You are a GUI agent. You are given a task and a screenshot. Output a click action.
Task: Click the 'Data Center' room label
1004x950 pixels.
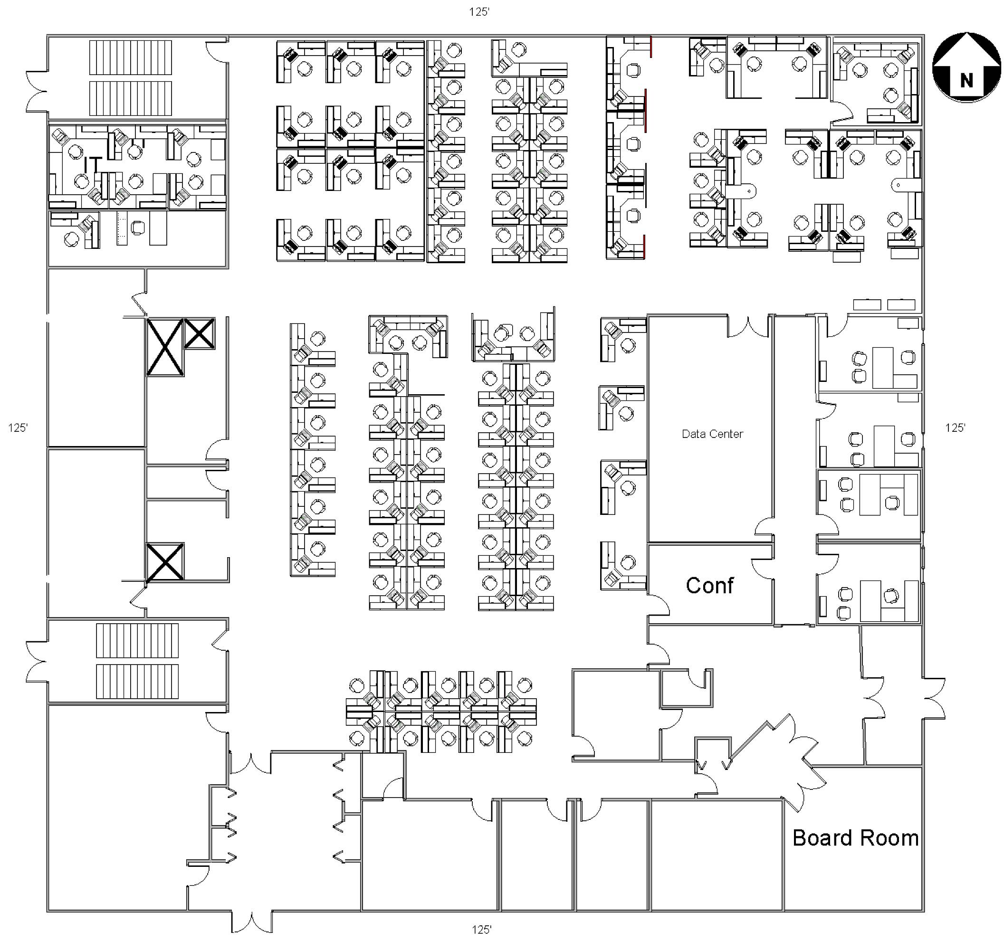coord(712,434)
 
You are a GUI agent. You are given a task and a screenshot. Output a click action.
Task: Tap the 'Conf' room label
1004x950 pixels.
coord(709,585)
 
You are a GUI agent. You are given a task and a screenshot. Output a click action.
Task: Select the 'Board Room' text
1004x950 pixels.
coord(856,838)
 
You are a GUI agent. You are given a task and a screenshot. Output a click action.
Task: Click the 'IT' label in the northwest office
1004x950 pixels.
coord(93,164)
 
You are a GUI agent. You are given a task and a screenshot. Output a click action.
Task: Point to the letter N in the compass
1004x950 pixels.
coord(966,81)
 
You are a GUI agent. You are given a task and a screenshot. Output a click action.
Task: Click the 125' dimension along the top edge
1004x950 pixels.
coord(479,12)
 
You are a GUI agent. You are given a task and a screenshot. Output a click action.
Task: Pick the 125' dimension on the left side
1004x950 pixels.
coord(18,428)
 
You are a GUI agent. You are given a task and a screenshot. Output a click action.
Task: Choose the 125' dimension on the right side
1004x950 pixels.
coord(955,428)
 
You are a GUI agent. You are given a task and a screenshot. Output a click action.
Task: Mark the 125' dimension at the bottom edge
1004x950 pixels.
coord(482,930)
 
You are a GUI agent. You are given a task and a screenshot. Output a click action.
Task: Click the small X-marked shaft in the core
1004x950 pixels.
coord(199,333)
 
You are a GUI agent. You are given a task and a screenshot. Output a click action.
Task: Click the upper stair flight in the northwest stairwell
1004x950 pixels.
coord(131,57)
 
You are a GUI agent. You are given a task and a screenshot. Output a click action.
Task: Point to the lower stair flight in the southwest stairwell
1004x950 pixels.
coord(137,682)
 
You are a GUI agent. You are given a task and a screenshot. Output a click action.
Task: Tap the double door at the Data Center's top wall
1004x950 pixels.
coord(748,326)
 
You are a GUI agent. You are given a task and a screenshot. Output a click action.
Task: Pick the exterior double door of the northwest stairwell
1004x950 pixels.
coord(37,91)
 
